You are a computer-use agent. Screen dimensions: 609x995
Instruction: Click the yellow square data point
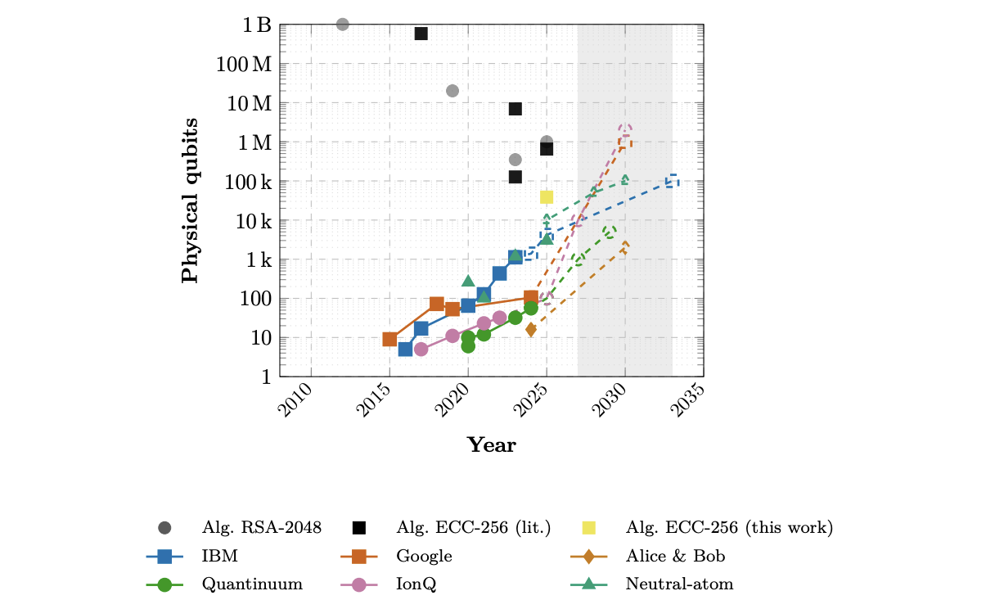coord(547,197)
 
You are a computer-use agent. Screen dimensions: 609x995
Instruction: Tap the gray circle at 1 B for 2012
coord(343,25)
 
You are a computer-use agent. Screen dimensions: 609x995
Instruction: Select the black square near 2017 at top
coord(421,34)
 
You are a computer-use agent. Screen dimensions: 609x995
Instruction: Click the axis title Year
coord(491,445)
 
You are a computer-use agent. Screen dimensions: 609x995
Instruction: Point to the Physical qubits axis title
coord(190,201)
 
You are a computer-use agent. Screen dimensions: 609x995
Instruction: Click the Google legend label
coord(424,557)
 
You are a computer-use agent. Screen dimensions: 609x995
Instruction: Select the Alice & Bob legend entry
coord(675,557)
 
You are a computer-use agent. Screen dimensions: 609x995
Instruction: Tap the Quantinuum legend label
coord(252,584)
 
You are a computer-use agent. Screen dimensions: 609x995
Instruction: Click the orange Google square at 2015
coord(390,339)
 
